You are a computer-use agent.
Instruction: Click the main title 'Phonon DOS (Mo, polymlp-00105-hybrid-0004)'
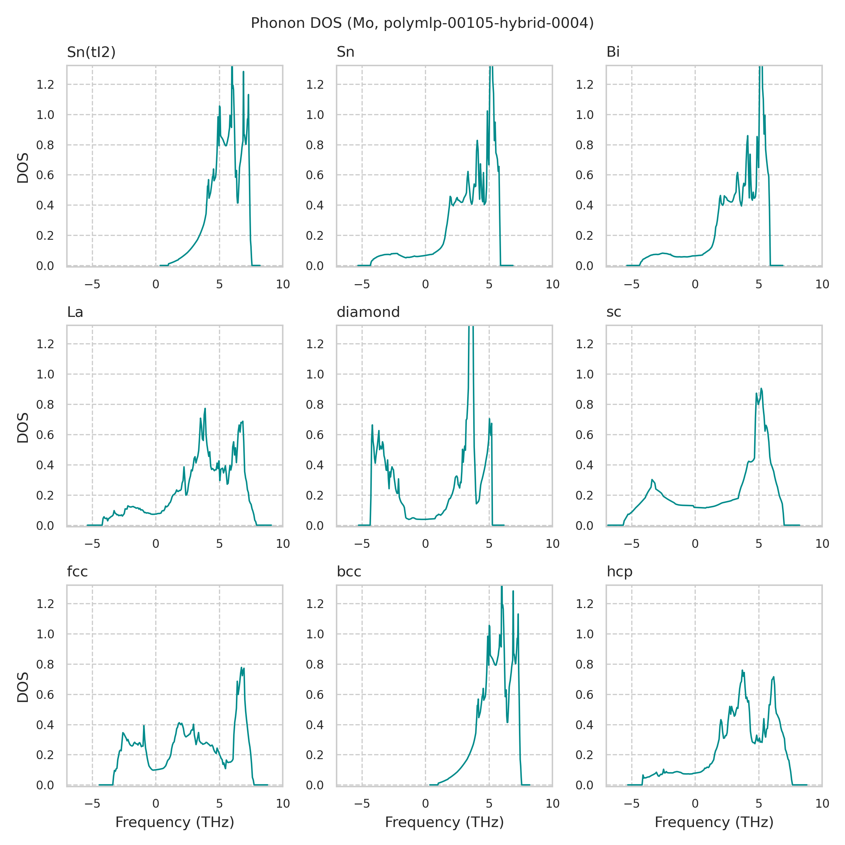422,23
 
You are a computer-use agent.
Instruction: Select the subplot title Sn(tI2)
91,52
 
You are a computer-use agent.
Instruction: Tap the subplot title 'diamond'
368,312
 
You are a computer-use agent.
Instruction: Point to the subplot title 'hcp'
619,572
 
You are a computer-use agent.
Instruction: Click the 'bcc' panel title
349,572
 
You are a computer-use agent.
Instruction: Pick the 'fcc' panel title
77,572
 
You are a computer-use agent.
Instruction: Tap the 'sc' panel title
614,312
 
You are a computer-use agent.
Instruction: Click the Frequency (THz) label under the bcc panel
444,822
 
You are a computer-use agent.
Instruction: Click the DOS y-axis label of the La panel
23,427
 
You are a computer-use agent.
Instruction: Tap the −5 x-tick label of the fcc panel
92,803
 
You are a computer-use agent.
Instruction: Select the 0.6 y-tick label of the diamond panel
314,435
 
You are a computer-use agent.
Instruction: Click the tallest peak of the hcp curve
742,670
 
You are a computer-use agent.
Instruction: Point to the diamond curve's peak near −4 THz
372,425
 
